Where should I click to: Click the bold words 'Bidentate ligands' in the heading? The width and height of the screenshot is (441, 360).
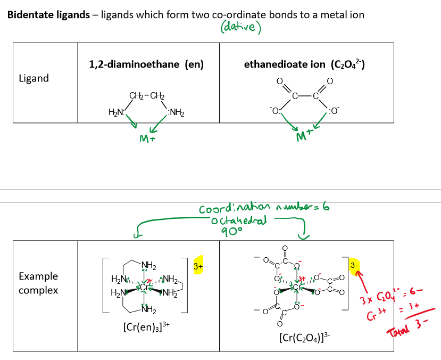48,14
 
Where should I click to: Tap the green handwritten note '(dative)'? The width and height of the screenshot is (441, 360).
239,27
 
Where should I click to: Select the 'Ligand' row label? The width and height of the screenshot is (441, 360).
34,78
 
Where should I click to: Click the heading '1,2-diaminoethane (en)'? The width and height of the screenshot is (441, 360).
146,65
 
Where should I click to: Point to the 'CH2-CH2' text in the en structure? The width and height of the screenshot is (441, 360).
146,96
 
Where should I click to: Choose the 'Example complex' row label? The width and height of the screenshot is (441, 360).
38,283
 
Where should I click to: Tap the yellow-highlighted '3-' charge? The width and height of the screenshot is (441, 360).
354,265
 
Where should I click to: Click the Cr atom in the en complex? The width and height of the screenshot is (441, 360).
144,285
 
